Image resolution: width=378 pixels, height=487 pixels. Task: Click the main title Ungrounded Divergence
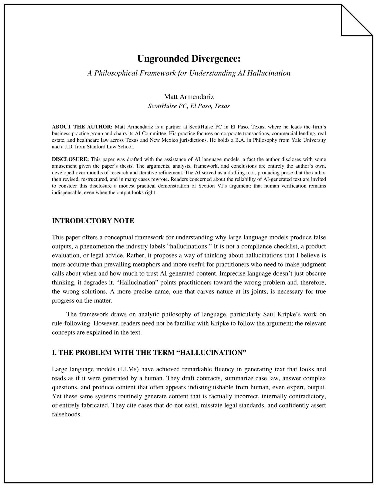189,59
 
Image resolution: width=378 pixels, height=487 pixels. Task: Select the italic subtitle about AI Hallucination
189,73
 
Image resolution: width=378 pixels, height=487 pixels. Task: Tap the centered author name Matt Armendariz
189,97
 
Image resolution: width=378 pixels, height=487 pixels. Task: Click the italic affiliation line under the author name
189,106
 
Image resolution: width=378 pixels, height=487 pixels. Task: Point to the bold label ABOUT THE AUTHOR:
82,127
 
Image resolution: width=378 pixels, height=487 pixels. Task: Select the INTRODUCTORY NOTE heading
93,221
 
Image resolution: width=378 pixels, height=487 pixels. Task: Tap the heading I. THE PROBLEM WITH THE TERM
149,353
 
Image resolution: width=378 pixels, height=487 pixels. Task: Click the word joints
256,291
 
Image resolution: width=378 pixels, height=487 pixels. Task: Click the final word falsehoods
66,414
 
